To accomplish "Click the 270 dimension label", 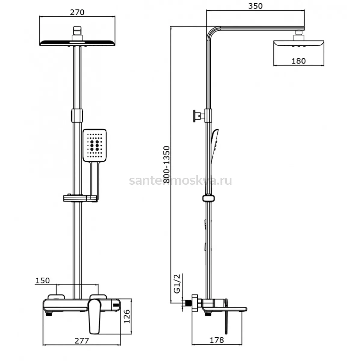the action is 77,12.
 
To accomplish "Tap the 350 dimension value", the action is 255,6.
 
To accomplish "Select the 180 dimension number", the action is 299,61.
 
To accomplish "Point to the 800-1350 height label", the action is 167,165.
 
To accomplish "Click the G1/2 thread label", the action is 177,284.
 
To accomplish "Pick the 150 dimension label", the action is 43,280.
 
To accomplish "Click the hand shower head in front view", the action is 94,145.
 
